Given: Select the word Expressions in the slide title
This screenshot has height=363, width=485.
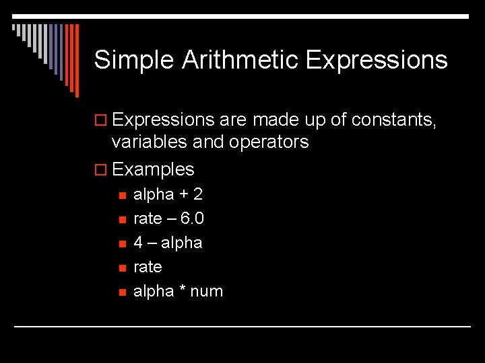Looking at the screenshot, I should [376, 61].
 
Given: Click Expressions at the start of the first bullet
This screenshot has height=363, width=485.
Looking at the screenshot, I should [164, 120].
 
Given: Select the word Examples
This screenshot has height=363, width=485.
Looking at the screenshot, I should [153, 169].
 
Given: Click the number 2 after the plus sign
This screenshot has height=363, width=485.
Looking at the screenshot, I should [197, 195].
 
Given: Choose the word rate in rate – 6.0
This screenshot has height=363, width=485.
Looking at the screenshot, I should [148, 219].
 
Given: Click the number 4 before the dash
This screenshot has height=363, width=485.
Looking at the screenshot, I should [138, 243].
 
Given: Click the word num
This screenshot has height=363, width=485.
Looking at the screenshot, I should [207, 292].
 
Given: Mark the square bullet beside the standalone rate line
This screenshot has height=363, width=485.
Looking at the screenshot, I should [121, 268].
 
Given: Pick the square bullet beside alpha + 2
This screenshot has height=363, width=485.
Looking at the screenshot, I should [121, 196].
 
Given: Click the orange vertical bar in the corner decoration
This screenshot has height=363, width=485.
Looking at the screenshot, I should [76, 61].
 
